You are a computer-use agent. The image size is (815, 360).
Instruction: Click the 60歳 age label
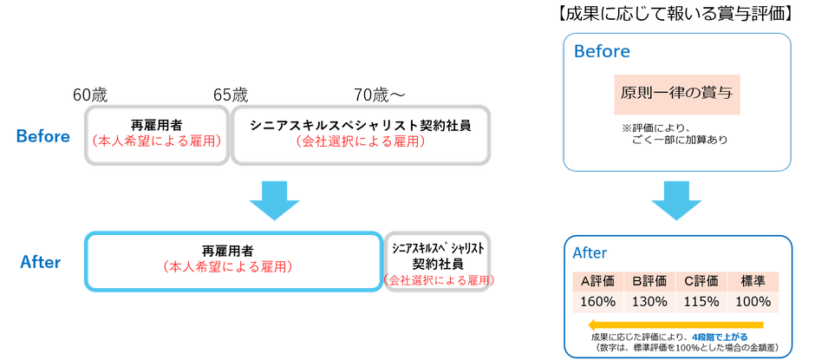[91, 94]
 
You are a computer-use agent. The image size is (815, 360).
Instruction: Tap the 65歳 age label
[230, 94]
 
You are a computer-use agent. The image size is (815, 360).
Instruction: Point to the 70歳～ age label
[380, 94]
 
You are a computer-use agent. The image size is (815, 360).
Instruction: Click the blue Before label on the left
[42, 136]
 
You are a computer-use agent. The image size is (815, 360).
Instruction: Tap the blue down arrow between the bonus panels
[676, 202]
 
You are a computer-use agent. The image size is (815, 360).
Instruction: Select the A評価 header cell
[597, 281]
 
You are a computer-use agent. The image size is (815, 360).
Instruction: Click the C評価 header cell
[701, 281]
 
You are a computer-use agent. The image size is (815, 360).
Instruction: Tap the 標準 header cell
[753, 281]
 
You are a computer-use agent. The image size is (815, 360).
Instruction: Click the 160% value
[597, 302]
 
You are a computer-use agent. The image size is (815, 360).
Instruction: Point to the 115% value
[701, 302]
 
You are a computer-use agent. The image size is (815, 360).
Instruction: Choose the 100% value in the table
[753, 302]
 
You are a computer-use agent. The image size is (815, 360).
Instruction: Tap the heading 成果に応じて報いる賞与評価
[676, 13]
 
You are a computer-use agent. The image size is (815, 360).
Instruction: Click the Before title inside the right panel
[602, 51]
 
